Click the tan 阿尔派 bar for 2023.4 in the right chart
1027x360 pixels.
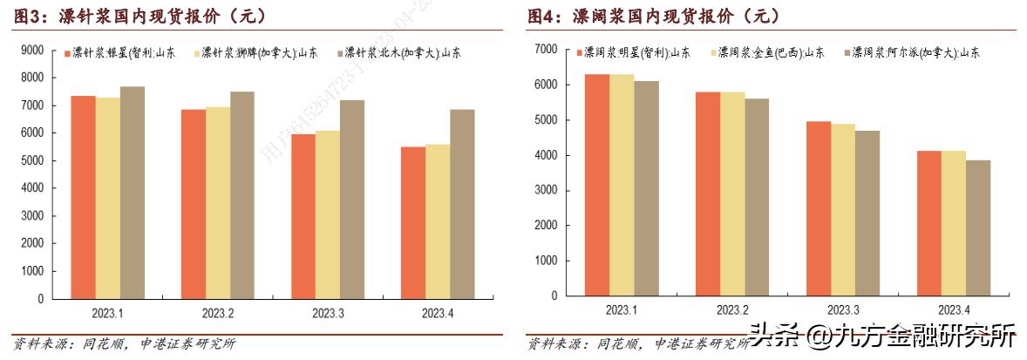[x=978, y=228]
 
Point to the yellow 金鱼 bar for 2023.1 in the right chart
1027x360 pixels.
[x=622, y=185]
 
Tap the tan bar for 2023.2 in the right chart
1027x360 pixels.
[x=757, y=197]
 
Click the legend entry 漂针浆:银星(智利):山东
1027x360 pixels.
[x=122, y=52]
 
